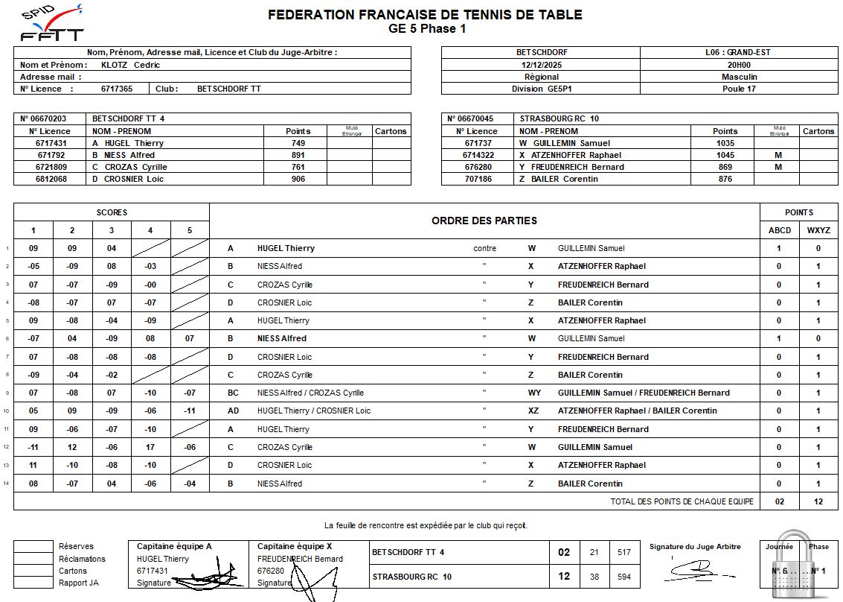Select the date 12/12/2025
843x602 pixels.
coord(541,65)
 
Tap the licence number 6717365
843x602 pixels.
coord(117,89)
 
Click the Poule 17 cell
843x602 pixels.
coord(739,89)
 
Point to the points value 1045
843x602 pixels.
coord(725,155)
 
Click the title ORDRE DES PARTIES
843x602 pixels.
coord(484,221)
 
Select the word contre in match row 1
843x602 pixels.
coord(484,248)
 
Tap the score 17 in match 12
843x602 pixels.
coord(150,447)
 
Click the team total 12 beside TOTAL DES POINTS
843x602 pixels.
coord(818,501)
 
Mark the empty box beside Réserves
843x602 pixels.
coord(33,547)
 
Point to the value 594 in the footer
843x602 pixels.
coord(624,577)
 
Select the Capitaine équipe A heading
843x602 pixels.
coord(174,546)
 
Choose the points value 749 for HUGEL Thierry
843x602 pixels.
coord(298,143)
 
